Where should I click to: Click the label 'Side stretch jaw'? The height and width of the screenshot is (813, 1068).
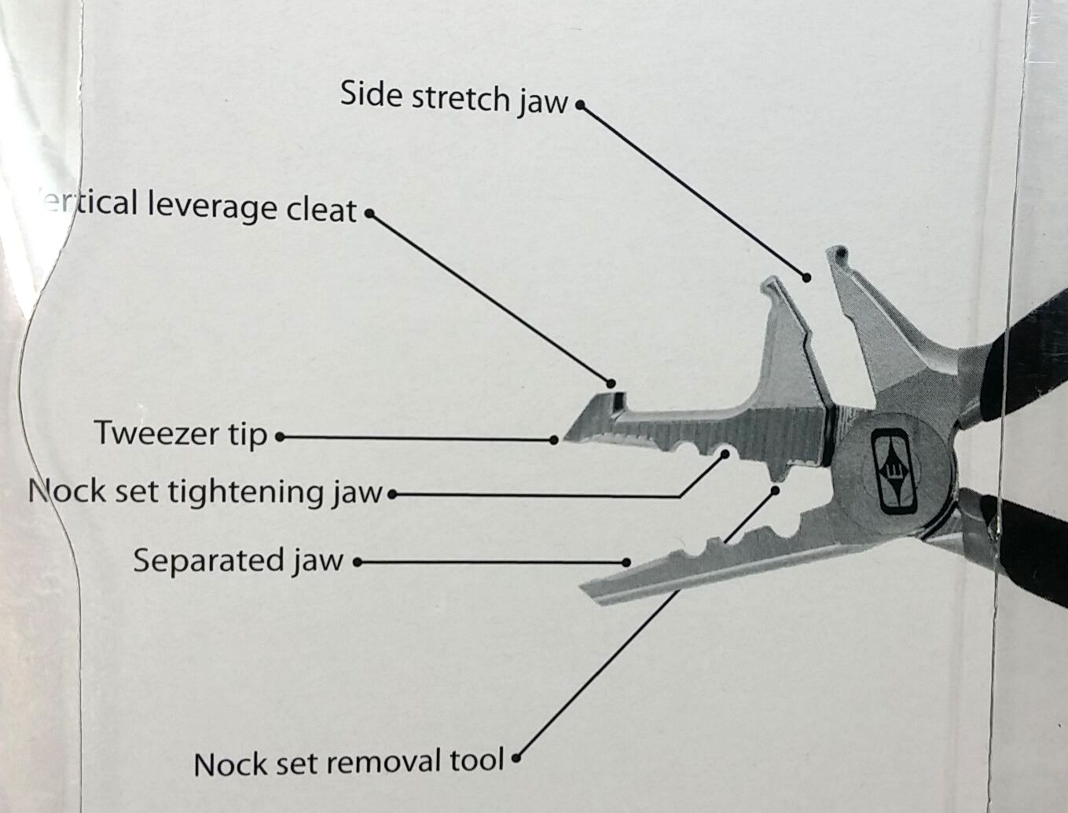click(453, 97)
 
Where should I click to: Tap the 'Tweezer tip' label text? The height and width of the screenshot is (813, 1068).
click(181, 434)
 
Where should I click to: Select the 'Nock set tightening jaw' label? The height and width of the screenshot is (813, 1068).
click(205, 493)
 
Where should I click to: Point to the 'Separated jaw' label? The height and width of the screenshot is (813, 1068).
click(238, 561)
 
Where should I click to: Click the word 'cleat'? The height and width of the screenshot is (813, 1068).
click(322, 210)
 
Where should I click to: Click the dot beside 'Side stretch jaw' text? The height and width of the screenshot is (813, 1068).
click(580, 104)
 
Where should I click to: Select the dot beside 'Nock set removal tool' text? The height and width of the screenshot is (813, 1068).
click(516, 759)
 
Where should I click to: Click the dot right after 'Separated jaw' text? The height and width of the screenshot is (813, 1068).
click(357, 562)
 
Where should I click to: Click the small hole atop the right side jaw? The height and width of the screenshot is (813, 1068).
click(840, 255)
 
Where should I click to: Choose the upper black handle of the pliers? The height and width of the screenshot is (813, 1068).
click(1022, 330)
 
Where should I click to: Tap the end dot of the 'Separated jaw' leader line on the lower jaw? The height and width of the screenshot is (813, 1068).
click(626, 562)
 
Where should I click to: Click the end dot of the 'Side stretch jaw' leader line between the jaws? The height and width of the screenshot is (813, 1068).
click(806, 276)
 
